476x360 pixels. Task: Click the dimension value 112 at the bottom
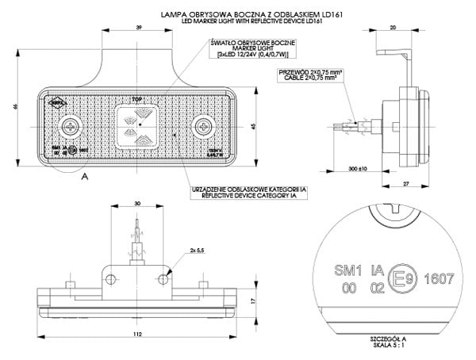pyautogui.click(x=140, y=333)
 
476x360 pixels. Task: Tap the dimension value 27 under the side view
pyautogui.click(x=405, y=183)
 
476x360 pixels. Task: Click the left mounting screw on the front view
pyautogui.click(x=72, y=126)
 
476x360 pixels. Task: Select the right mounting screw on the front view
pyautogui.click(x=206, y=126)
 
